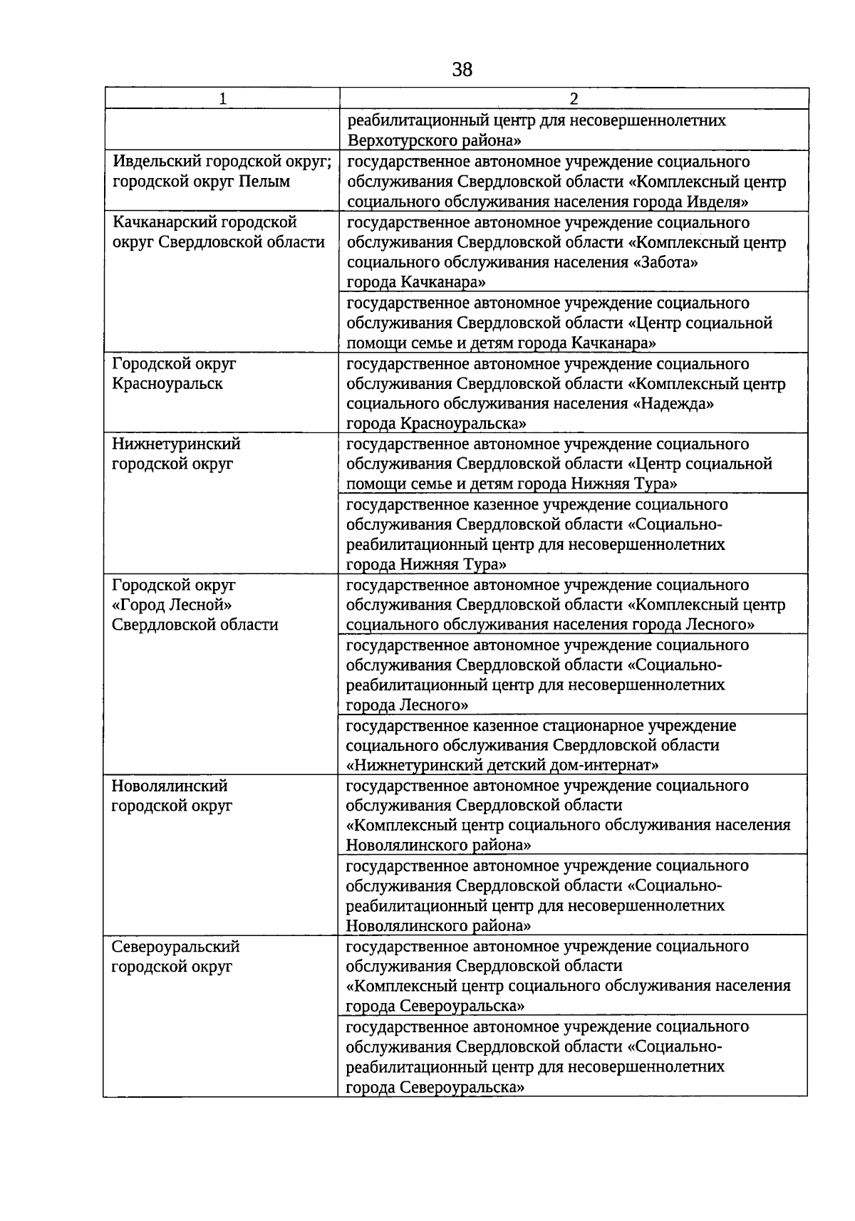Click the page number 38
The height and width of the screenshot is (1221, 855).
[462, 70]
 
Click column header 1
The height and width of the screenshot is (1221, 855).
[223, 99]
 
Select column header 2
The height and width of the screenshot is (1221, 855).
[574, 99]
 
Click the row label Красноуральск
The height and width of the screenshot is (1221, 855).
[167, 384]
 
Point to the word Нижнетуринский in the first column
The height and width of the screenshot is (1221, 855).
[176, 444]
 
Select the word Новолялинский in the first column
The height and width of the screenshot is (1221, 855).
[170, 786]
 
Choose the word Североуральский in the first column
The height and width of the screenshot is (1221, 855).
[175, 947]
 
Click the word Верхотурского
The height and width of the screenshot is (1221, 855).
[400, 140]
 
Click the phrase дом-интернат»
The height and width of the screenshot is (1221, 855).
[605, 765]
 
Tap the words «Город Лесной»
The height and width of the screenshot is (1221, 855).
[172, 605]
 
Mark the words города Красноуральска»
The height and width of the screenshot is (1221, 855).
[436, 424]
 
